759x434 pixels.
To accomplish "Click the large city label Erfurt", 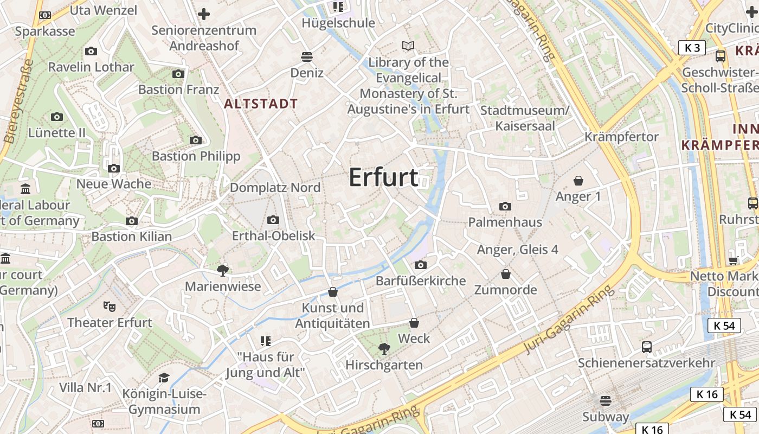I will click(x=383, y=177).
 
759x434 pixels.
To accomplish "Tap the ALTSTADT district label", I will click(x=261, y=104).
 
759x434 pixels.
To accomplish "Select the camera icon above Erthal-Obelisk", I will click(x=273, y=220).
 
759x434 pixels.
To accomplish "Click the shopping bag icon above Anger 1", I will click(x=578, y=180).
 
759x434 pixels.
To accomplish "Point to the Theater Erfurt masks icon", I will click(x=110, y=307).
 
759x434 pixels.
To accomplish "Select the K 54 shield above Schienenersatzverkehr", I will click(x=724, y=325).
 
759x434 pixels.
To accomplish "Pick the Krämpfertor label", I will click(x=621, y=137).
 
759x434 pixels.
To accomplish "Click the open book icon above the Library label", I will click(x=408, y=46).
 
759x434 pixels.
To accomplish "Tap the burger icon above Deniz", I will click(x=307, y=56).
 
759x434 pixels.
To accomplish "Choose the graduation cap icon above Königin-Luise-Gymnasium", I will click(x=164, y=378).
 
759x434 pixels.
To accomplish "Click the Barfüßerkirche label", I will click(x=421, y=280).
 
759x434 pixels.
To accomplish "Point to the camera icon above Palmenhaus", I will click(x=505, y=206).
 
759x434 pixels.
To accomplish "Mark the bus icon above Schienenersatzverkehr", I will click(x=646, y=347).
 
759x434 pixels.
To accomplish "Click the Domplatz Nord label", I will click(x=275, y=188).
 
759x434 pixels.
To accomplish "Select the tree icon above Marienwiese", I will click(x=222, y=270).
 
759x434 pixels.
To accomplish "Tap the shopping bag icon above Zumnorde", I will click(x=506, y=274).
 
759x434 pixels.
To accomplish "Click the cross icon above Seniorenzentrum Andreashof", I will click(x=204, y=14).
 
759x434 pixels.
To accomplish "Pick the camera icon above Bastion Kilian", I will click(x=132, y=221).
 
